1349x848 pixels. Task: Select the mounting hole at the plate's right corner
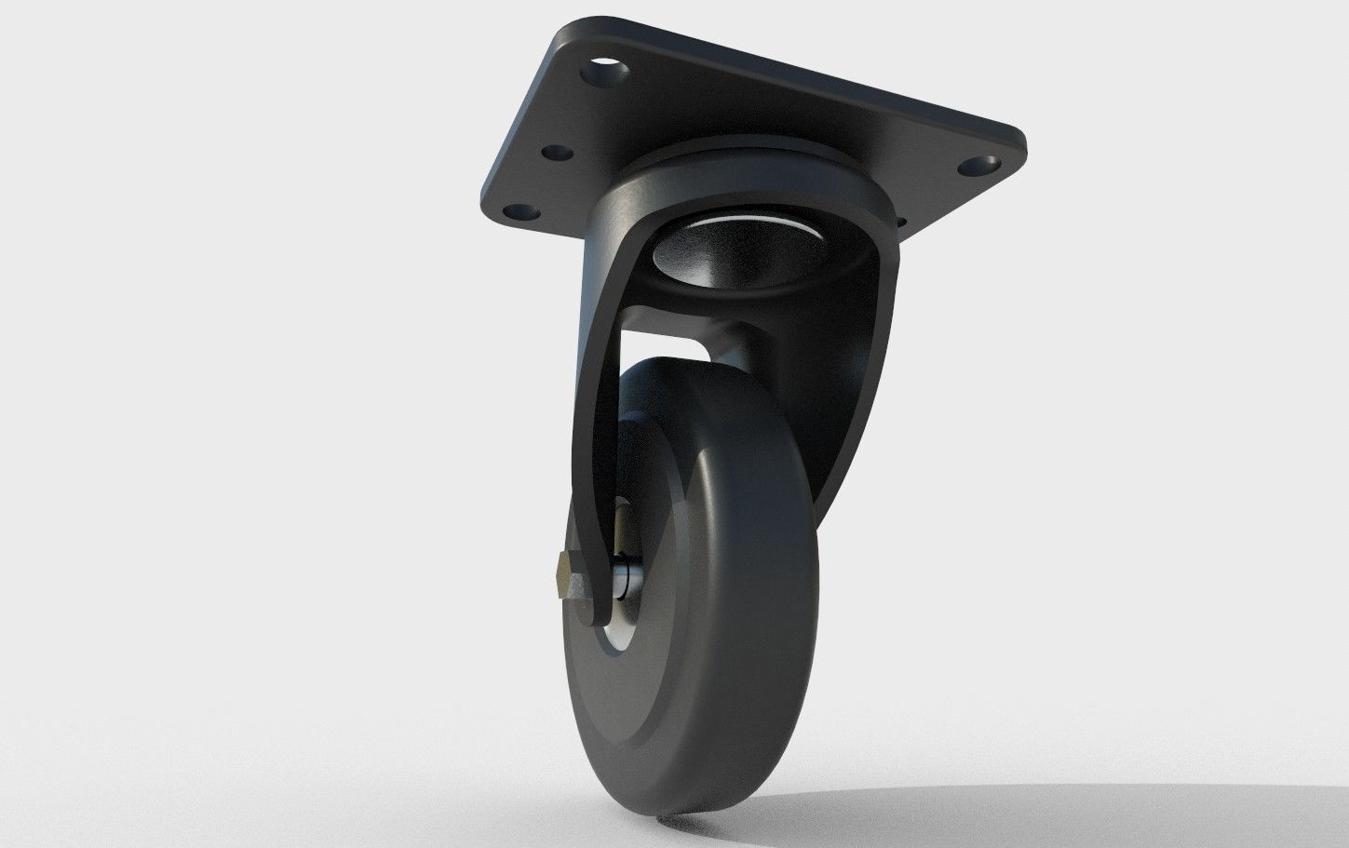978,167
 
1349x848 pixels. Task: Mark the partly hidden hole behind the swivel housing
899,223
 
